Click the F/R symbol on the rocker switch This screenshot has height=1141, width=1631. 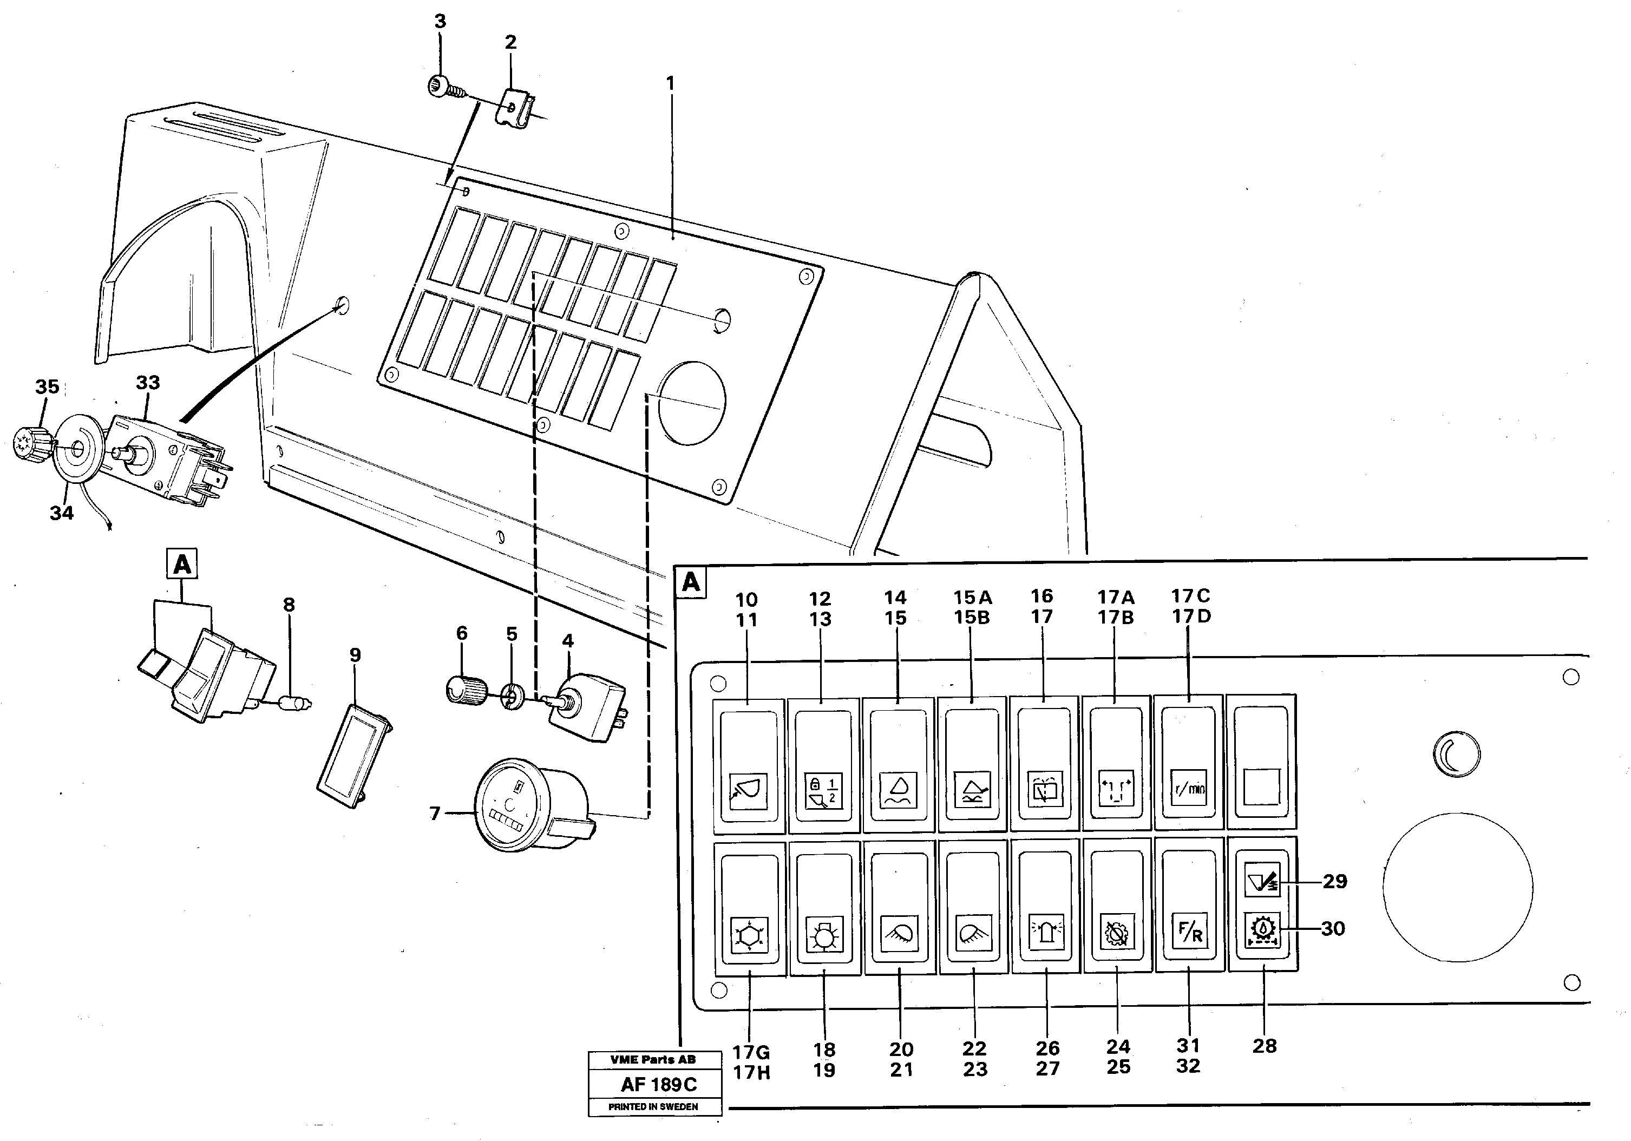point(1189,932)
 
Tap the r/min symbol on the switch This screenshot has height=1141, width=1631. point(1188,789)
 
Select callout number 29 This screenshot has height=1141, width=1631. point(1335,882)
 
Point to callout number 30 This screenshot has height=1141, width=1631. point(1333,929)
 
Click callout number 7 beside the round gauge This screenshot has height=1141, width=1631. point(435,813)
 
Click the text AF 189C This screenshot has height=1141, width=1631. point(658,1084)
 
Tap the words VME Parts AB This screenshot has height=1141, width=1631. point(653,1059)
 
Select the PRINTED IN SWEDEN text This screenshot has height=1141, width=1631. point(653,1107)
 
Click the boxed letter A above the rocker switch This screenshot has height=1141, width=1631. point(182,565)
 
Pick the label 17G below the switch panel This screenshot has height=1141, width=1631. point(751,1052)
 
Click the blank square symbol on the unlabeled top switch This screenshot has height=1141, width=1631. point(1262,787)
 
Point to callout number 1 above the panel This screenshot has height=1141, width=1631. point(669,84)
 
